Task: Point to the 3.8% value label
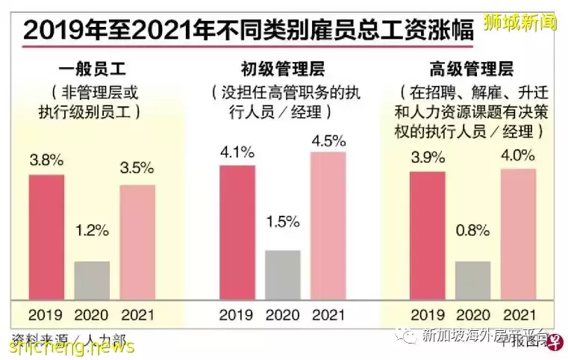(46, 161)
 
